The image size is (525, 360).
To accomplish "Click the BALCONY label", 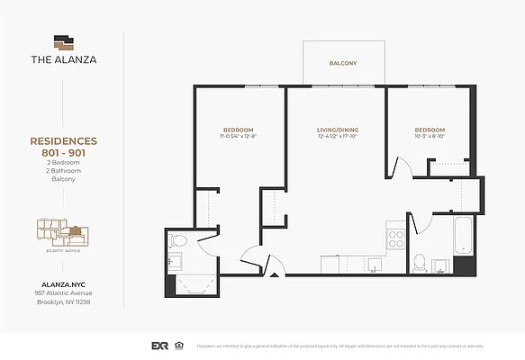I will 342,63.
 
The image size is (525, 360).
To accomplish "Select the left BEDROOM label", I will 238,130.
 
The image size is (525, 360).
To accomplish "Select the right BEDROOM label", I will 430,130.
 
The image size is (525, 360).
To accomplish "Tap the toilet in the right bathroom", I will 419,263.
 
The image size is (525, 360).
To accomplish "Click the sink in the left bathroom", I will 174,262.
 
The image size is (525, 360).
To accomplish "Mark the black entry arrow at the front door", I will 273,272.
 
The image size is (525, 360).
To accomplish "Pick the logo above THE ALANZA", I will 62,41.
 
